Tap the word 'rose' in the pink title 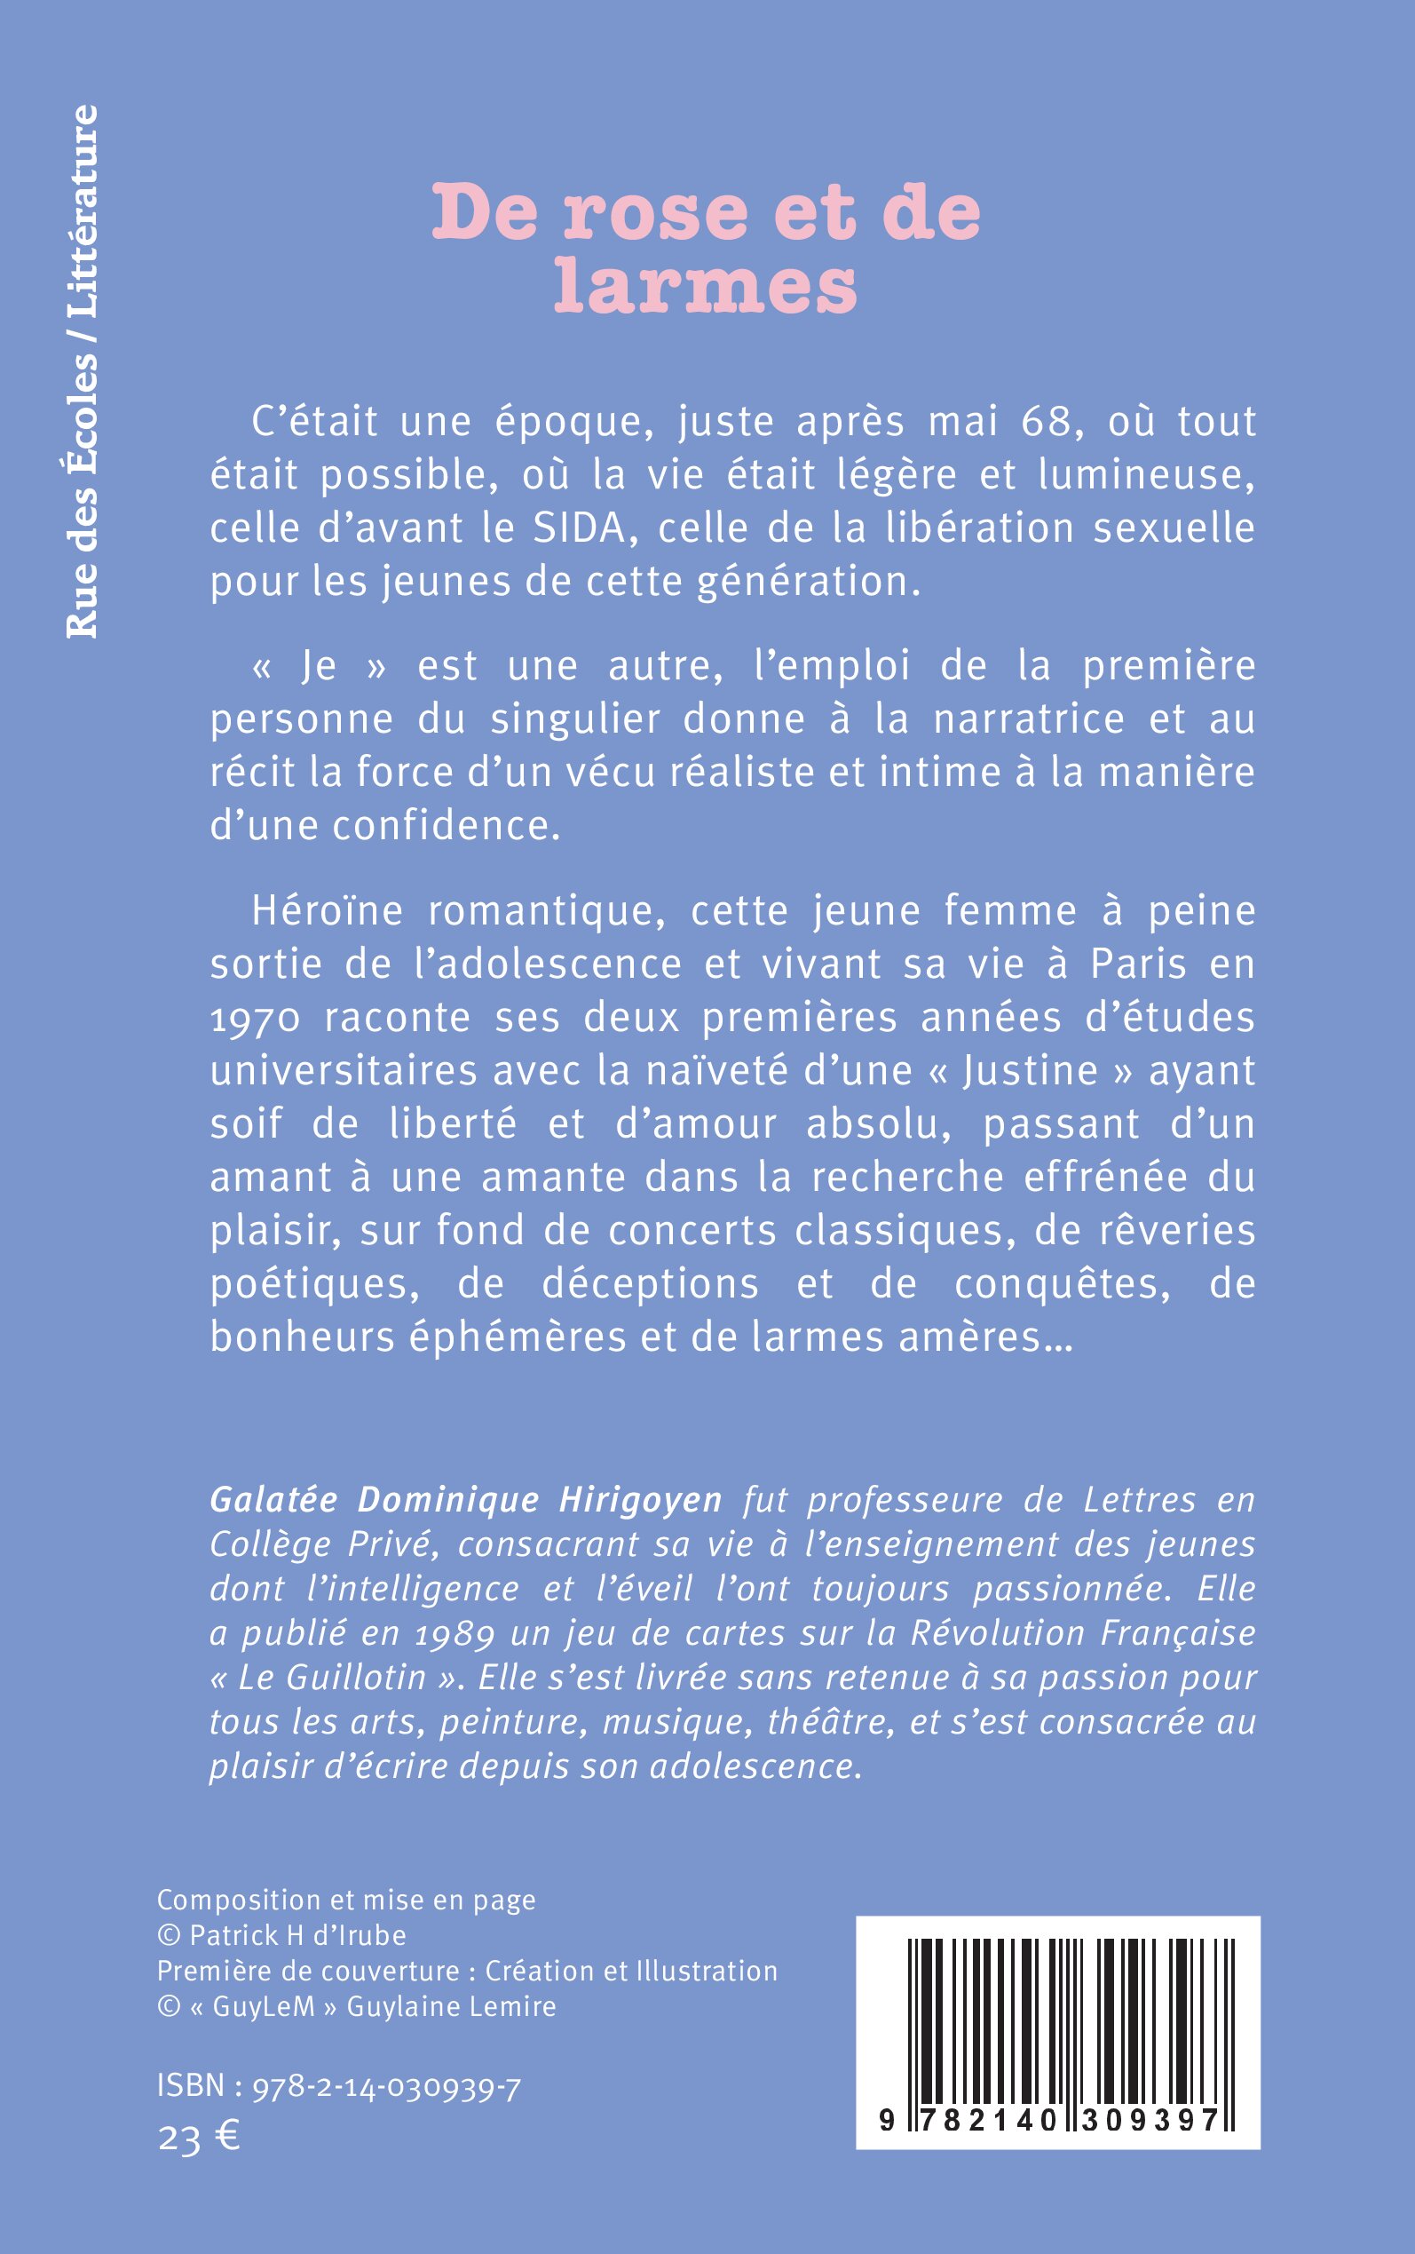pyautogui.click(x=656, y=213)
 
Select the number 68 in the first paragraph pyautogui.click(x=1046, y=422)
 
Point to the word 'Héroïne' pyautogui.click(x=327, y=912)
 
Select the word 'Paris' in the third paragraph pyautogui.click(x=1139, y=965)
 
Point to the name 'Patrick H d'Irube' pyautogui.click(x=297, y=1936)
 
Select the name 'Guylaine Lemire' pyautogui.click(x=451, y=2007)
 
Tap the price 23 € pyautogui.click(x=198, y=2137)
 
